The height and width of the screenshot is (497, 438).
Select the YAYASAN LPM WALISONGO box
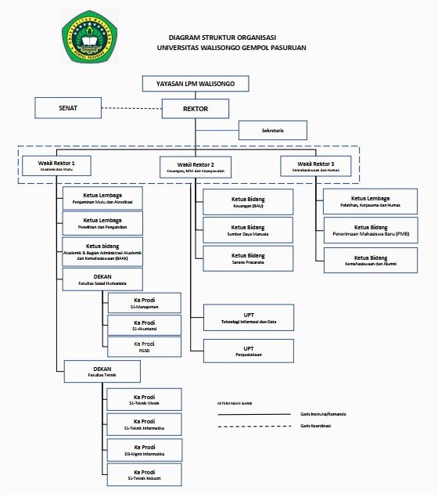click(x=196, y=84)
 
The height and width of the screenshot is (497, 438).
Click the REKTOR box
click(x=196, y=109)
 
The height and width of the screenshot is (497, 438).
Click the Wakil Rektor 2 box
click(x=196, y=167)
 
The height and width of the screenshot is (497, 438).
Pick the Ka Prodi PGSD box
click(x=144, y=347)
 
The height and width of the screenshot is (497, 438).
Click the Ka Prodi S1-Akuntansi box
click(x=144, y=325)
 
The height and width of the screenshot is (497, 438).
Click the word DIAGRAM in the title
click(x=185, y=37)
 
